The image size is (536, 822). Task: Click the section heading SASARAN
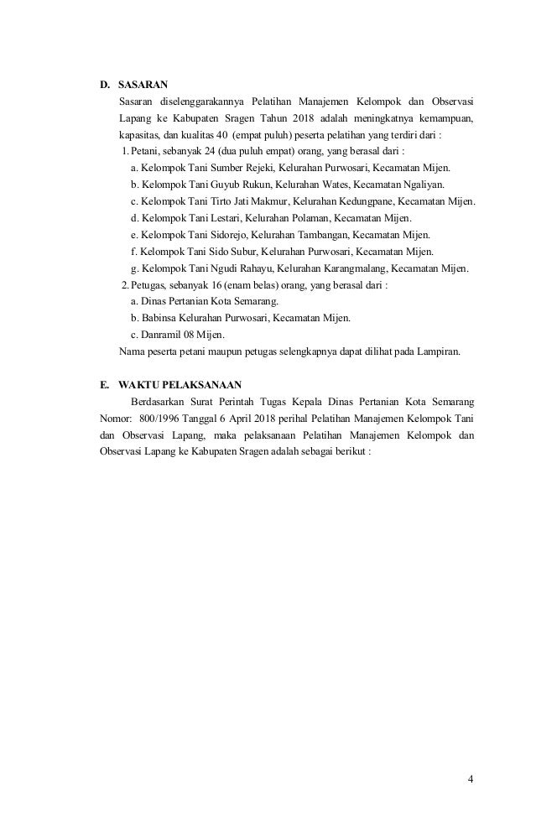point(143,85)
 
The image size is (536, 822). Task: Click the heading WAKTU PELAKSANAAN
point(180,385)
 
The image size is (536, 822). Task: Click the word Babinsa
point(160,319)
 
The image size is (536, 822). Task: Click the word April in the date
point(226,418)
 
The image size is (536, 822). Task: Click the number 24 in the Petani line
point(211,151)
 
